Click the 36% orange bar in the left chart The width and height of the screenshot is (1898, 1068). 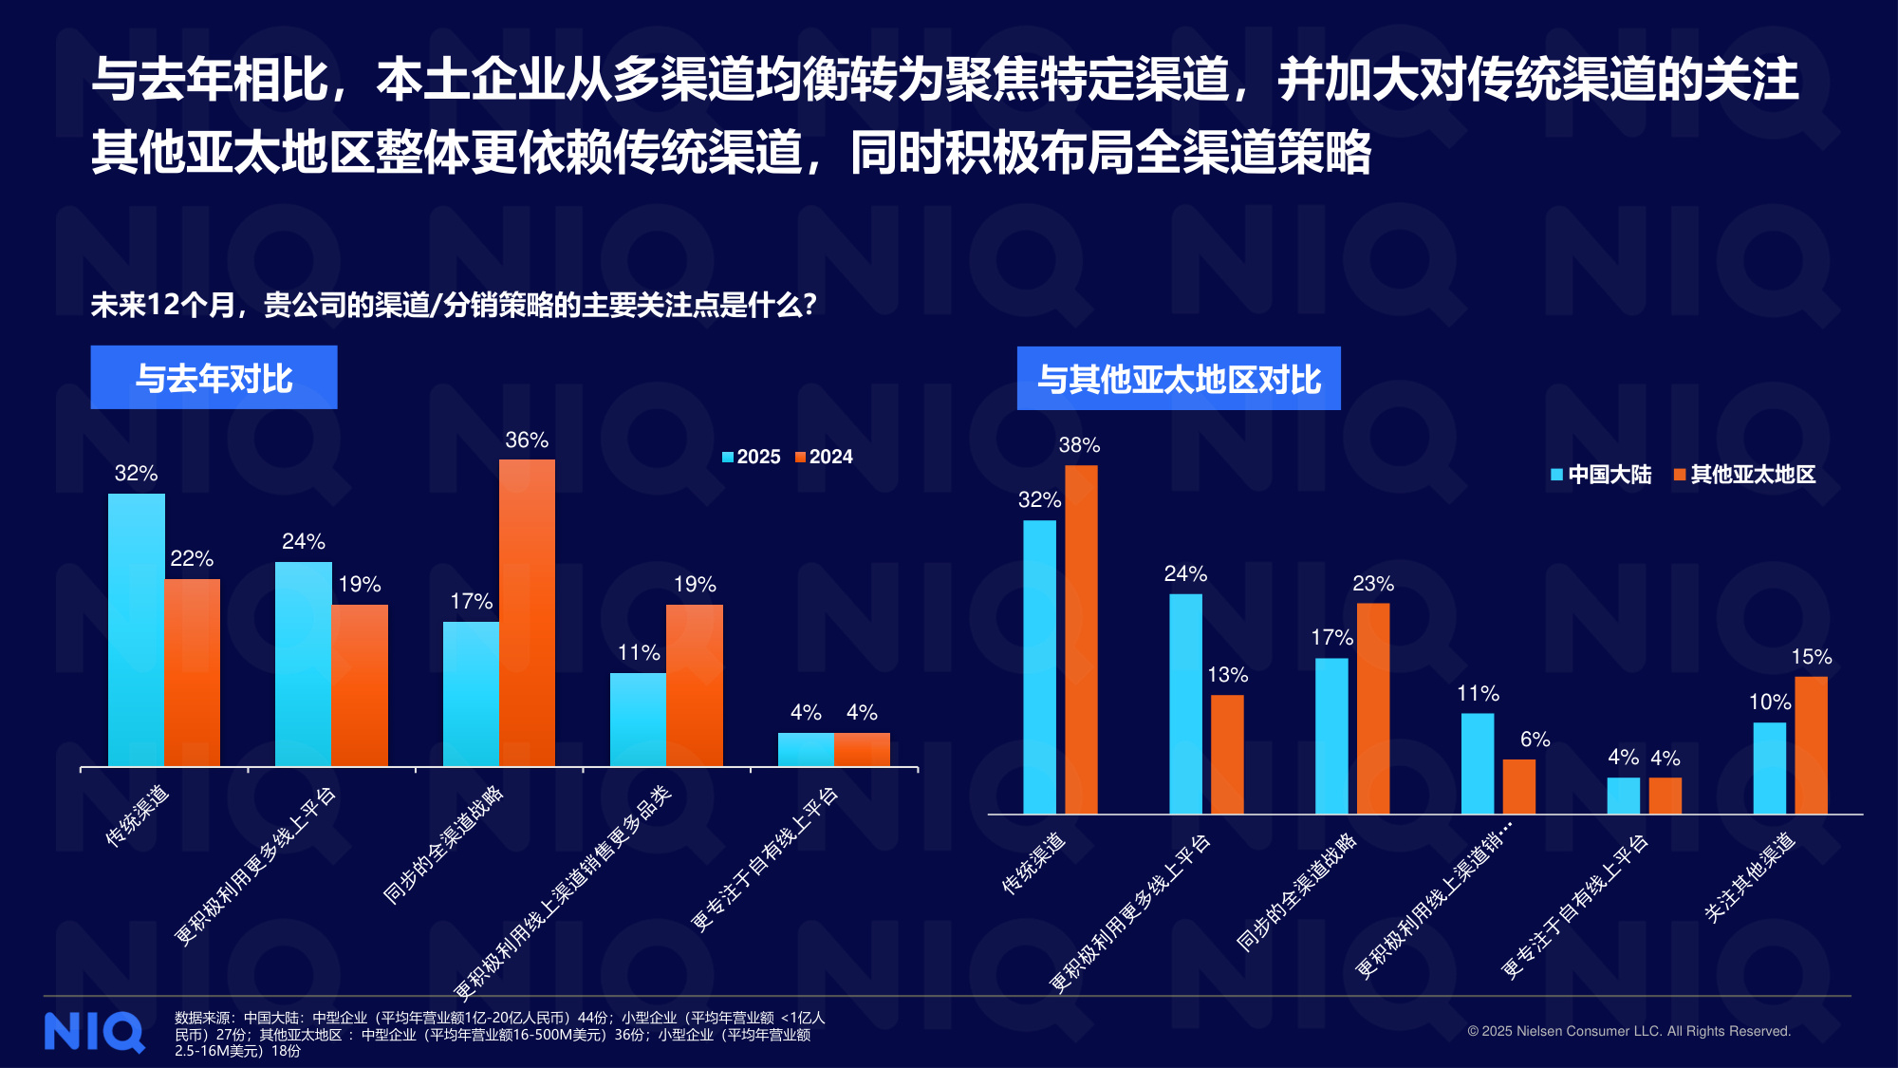click(527, 612)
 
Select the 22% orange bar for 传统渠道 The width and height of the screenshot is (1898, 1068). click(193, 672)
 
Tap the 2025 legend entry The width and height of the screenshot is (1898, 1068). click(752, 457)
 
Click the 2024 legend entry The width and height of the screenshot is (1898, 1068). click(825, 457)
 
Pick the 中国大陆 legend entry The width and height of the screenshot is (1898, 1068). click(1601, 475)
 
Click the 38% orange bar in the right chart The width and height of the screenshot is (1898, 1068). click(1081, 639)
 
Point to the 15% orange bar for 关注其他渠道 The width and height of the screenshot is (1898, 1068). click(1811, 745)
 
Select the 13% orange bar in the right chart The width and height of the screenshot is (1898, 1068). click(1227, 754)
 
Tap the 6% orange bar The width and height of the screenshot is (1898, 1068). click(1518, 786)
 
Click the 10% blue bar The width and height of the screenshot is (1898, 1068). click(1769, 768)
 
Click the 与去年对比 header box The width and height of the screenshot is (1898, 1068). click(214, 378)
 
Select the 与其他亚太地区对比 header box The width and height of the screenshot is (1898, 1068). click(1179, 379)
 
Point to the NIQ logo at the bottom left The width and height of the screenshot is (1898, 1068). click(94, 1032)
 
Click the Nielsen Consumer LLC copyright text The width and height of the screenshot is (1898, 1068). click(1628, 1031)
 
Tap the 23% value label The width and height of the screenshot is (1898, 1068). click(1373, 584)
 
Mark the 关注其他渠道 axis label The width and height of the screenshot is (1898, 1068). click(1750, 877)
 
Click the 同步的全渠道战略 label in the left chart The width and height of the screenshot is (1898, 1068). click(443, 845)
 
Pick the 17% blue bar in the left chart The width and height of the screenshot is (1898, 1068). click(471, 694)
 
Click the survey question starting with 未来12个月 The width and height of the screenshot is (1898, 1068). click(454, 305)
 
